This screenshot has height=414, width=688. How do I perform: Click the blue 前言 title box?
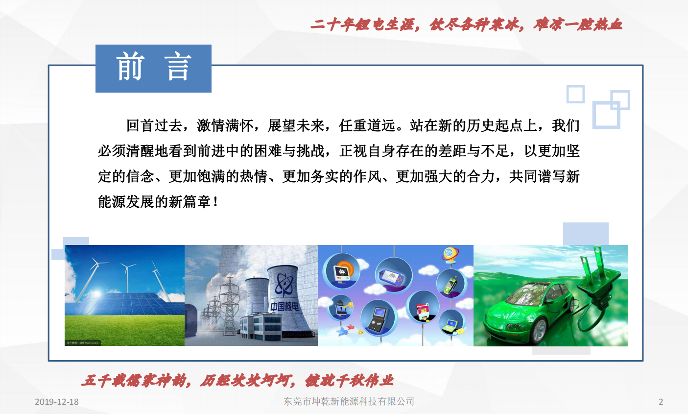(x=153, y=68)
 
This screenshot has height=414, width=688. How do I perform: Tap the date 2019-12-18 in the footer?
(x=56, y=402)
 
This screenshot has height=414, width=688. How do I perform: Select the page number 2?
(x=661, y=402)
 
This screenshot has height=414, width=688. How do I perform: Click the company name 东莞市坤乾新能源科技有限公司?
(x=349, y=401)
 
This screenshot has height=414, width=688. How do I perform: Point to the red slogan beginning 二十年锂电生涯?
(x=466, y=24)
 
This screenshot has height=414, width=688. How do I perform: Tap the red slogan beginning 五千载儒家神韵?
(x=237, y=380)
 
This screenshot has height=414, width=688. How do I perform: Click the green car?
(x=528, y=311)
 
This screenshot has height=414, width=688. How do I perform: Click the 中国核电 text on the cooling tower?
(x=284, y=306)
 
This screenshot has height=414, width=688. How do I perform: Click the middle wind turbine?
(x=127, y=277)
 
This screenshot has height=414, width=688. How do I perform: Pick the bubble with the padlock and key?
(x=340, y=307)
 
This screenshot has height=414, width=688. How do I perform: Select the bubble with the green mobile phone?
(x=451, y=284)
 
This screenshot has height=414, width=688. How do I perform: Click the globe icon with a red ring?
(x=451, y=254)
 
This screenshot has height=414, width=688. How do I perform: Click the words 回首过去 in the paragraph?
(x=154, y=125)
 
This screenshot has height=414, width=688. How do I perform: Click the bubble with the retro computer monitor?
(x=341, y=270)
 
